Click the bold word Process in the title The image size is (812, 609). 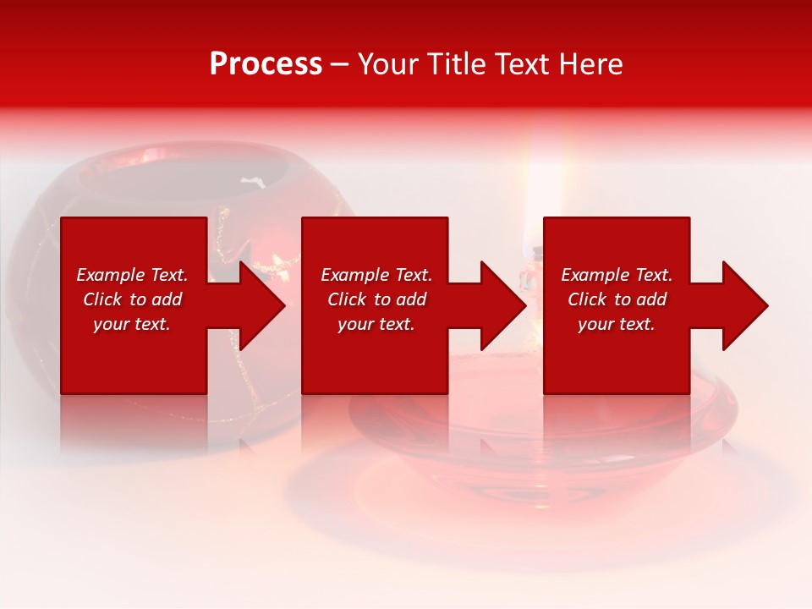point(266,64)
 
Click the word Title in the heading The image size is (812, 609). point(456,64)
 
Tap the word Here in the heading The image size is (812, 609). point(591,64)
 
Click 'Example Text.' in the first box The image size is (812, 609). point(132,275)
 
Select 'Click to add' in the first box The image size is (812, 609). point(132,299)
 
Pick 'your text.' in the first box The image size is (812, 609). point(132,324)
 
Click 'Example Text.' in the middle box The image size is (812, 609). point(376,275)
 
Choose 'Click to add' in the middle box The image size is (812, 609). point(376,299)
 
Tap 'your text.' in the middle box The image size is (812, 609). point(376,324)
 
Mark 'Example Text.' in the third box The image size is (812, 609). point(617,275)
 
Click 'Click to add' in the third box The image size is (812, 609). point(617,299)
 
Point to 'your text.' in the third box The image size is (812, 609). point(617,324)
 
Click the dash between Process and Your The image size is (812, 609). point(339,65)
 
